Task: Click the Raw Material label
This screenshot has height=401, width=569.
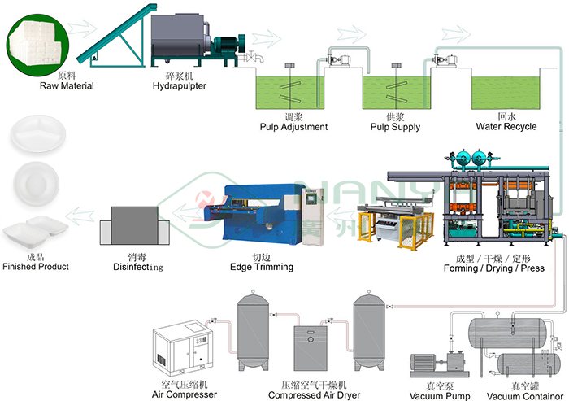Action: (67, 85)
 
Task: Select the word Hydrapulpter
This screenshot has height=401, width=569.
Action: (180, 86)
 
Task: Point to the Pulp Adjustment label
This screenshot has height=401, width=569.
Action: (293, 127)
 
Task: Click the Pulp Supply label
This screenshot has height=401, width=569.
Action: (395, 127)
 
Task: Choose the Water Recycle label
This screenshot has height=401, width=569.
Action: (506, 126)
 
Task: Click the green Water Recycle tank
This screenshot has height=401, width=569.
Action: (505, 93)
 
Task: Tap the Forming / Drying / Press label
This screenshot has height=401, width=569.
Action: (494, 268)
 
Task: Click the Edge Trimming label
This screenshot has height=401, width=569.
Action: (262, 267)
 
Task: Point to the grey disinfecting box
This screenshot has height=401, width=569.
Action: (135, 225)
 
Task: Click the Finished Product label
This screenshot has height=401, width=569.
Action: (36, 267)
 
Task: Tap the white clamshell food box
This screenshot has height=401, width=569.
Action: (35, 231)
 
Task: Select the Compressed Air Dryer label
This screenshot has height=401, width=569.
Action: (315, 394)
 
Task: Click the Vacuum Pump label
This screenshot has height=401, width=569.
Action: (440, 395)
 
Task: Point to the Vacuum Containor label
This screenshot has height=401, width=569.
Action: (525, 396)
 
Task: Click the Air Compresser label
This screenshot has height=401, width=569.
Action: (185, 394)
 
